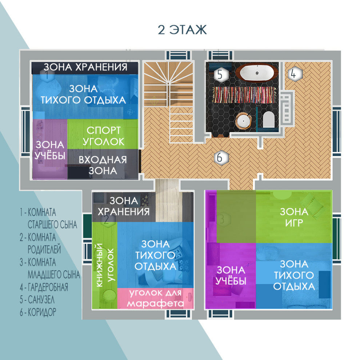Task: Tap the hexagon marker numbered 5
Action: tap(220, 75)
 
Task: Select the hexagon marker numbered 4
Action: tap(295, 74)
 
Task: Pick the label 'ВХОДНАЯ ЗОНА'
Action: tap(103, 165)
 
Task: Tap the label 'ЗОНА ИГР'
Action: tap(294, 217)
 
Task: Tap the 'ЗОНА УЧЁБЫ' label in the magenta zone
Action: tap(231, 275)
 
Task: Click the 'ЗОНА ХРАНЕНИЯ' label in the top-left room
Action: tap(85, 67)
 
